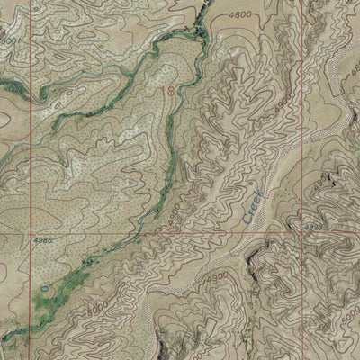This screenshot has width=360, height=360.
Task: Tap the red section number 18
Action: tap(168, 91)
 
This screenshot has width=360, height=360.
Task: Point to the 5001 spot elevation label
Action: tap(11, 40)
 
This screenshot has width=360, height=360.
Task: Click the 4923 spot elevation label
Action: tap(315, 230)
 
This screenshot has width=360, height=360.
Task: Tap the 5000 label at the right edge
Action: tap(349, 334)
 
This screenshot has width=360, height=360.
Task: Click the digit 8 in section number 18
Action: tap(171, 91)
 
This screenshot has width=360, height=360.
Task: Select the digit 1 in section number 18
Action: tap(166, 91)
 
